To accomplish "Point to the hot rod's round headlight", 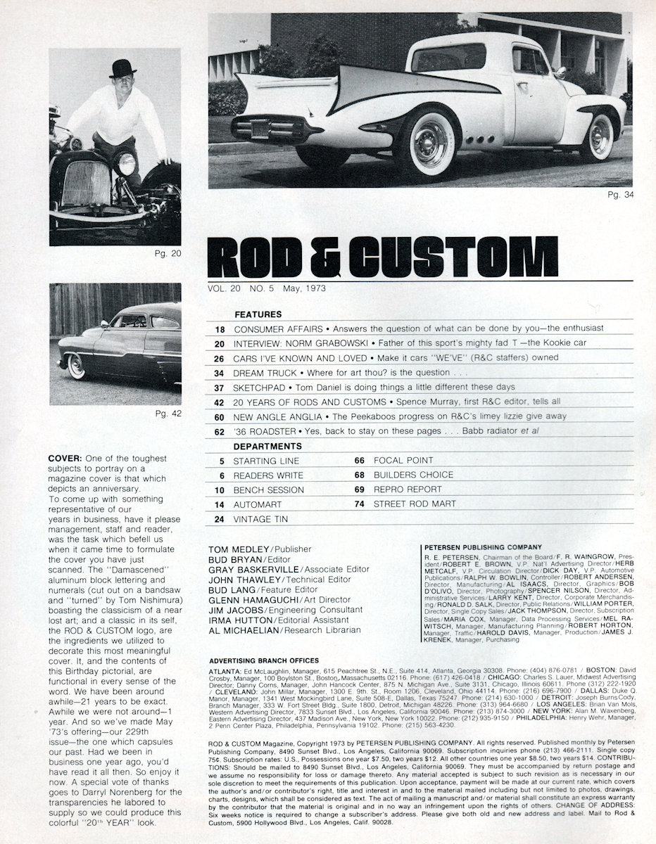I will coord(126,165).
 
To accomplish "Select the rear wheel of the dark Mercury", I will coord(76,366).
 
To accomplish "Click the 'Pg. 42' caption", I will coord(167,413).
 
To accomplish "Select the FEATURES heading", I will coord(258,314).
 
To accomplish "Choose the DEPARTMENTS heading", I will coord(267,446).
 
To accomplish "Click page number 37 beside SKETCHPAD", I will coord(219,387).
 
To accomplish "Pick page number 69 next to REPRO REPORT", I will coord(359,490).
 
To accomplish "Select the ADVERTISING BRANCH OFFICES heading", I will coord(264,660).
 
